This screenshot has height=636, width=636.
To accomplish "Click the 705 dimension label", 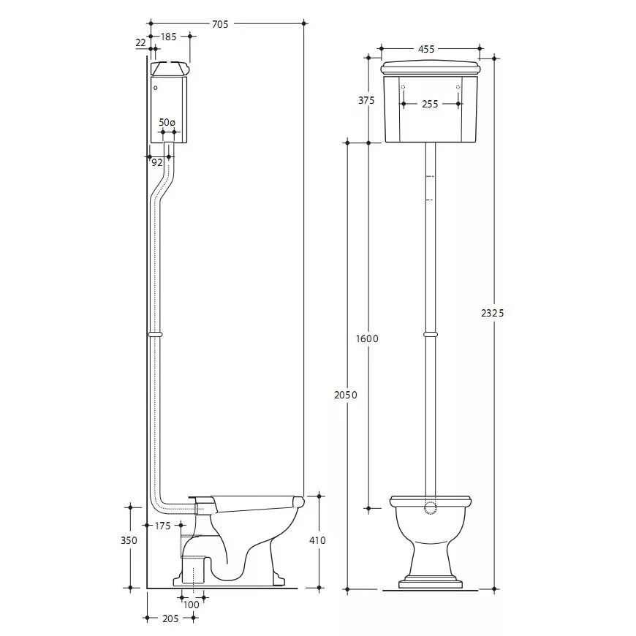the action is pyautogui.click(x=220, y=24).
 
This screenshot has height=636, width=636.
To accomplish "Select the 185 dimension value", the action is pyautogui.click(x=168, y=37).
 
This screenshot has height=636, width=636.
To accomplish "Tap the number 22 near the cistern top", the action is pyautogui.click(x=140, y=42).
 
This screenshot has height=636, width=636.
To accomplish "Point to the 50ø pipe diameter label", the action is pyautogui.click(x=167, y=122).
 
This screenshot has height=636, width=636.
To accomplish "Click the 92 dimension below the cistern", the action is pyautogui.click(x=156, y=162).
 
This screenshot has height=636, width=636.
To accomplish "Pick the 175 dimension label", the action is pyautogui.click(x=162, y=526).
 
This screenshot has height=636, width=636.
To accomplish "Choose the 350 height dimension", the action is pyautogui.click(x=129, y=540).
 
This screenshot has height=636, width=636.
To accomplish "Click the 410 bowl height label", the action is pyautogui.click(x=317, y=540).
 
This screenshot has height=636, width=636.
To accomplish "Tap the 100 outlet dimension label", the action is pyautogui.click(x=191, y=605).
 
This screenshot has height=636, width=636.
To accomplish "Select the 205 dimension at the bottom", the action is pyautogui.click(x=170, y=618).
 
